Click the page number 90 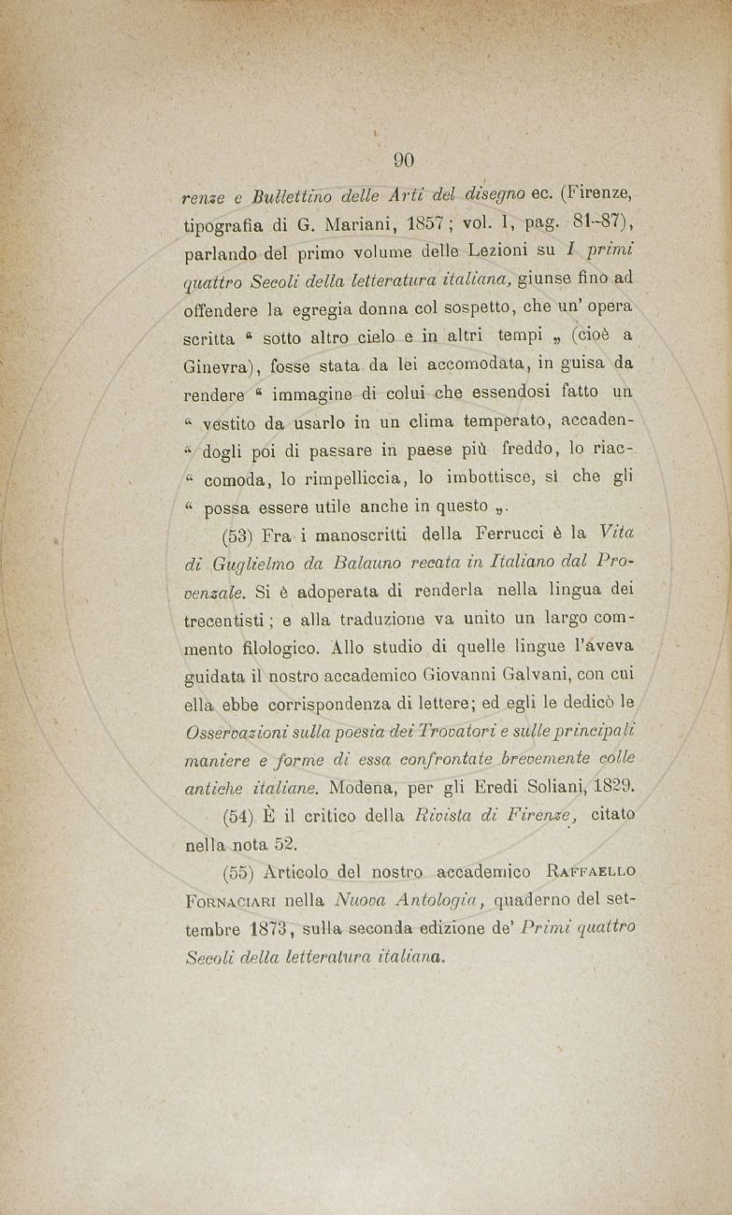tap(404, 160)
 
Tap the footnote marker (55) tap(243, 874)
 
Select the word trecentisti tap(222, 622)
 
